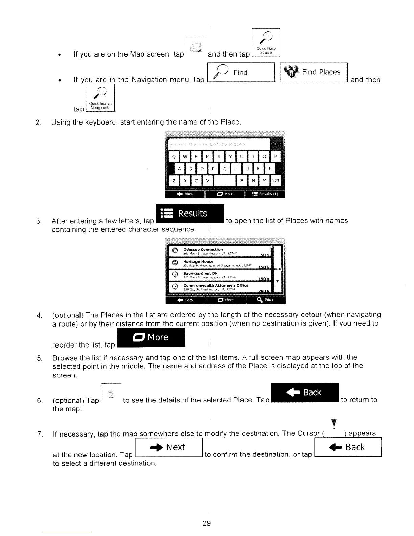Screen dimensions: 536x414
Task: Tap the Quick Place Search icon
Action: (266, 43)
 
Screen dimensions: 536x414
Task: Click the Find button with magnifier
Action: (241, 72)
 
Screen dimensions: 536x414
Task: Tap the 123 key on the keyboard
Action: (276, 181)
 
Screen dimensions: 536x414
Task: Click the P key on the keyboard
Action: (275, 157)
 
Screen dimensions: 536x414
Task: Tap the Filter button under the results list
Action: (266, 300)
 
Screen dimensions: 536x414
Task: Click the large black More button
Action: (151, 338)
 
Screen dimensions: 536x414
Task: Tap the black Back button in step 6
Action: (305, 393)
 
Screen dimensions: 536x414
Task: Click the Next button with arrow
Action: (168, 447)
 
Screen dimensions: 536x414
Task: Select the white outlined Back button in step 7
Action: (348, 447)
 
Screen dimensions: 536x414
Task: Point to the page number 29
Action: (206, 523)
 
